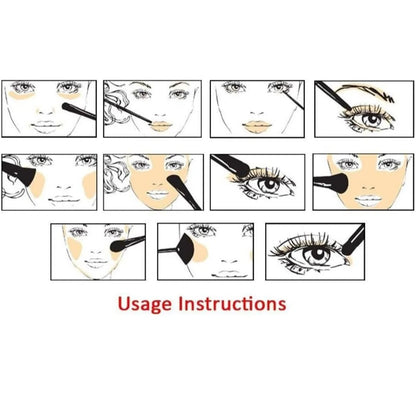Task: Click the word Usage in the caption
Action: [x=146, y=304]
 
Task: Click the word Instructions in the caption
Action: [x=232, y=304]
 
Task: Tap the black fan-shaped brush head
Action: [x=186, y=249]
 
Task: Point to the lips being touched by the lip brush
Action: [x=162, y=126]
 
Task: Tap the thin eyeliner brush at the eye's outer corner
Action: [x=293, y=99]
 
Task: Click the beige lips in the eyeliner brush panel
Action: [x=257, y=126]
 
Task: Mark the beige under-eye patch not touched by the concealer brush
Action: [x=22, y=96]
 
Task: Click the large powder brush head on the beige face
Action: [x=337, y=182]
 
